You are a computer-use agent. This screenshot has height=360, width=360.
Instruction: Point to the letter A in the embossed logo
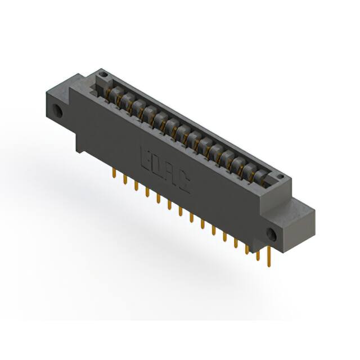[171, 176]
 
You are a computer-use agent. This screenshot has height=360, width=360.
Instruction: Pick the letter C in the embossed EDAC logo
[184, 184]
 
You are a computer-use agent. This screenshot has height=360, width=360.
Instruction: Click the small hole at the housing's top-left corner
[101, 73]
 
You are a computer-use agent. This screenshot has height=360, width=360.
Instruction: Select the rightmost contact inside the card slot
[260, 177]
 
